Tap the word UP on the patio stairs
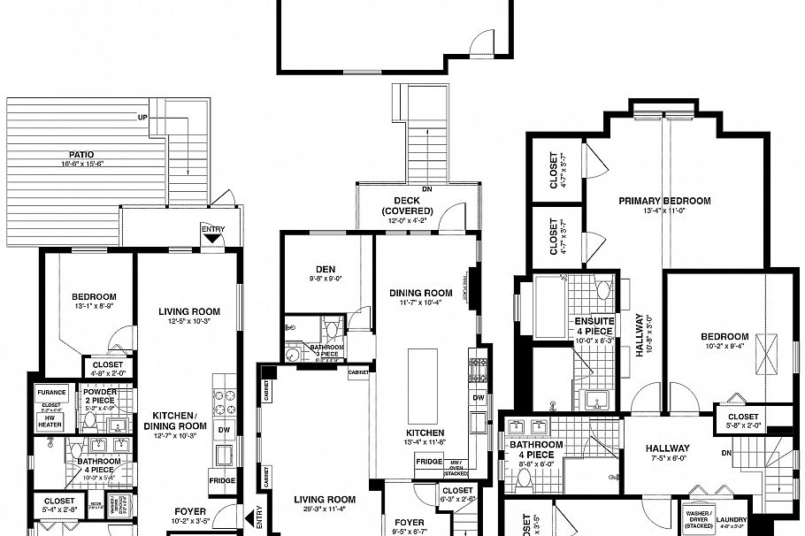click(x=142, y=118)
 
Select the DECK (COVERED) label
click(x=408, y=205)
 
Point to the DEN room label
click(x=325, y=269)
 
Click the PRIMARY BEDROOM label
click(x=664, y=201)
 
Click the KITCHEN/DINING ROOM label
click(x=180, y=420)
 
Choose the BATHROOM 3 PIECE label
click(x=326, y=351)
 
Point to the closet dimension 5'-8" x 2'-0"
click(x=742, y=425)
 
